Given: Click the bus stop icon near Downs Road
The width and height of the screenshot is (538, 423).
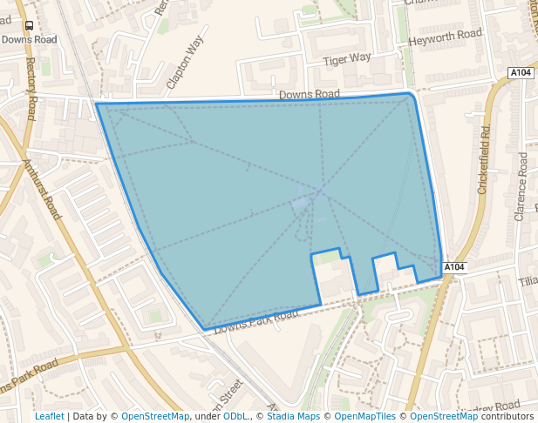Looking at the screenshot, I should coord(29,27).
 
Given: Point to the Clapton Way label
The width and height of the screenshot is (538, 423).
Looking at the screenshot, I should coord(185,63).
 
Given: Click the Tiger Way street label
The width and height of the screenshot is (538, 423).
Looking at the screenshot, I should coord(347,58).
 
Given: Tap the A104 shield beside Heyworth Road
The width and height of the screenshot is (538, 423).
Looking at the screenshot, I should coord(520,72).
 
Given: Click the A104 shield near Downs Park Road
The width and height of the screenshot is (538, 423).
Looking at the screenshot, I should coord(454,266).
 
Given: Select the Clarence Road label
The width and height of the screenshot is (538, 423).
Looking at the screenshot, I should coord(521,186).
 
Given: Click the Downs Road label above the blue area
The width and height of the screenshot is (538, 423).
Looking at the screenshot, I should coord(310,94).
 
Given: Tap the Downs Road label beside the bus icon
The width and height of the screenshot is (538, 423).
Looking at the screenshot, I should coord(29,40).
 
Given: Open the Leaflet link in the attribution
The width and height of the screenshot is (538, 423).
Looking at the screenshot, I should coord(49,416).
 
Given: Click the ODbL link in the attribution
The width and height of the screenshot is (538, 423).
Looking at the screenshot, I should coord(235,416).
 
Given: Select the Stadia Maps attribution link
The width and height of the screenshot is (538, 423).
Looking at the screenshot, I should coord(293,416).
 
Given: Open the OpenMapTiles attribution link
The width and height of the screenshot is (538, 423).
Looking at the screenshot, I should coord(363,416).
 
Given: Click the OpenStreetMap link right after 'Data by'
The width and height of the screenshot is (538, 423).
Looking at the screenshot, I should coord(155,416).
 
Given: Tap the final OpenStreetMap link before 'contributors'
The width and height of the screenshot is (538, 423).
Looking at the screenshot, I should coord(444,416).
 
